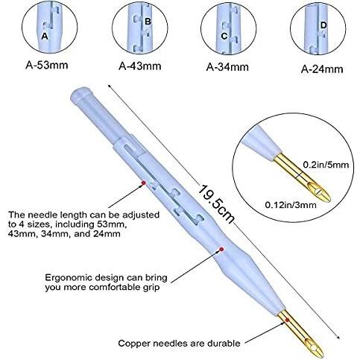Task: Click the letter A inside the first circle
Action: tap(45, 36)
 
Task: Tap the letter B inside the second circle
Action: tap(148, 22)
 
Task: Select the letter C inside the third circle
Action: tap(224, 36)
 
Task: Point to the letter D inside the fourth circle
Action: tap(323, 25)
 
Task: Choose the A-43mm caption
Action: tap(140, 66)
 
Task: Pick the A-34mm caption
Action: tap(227, 67)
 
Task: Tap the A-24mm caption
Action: tap(322, 69)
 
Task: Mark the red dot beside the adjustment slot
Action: tap(142, 182)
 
